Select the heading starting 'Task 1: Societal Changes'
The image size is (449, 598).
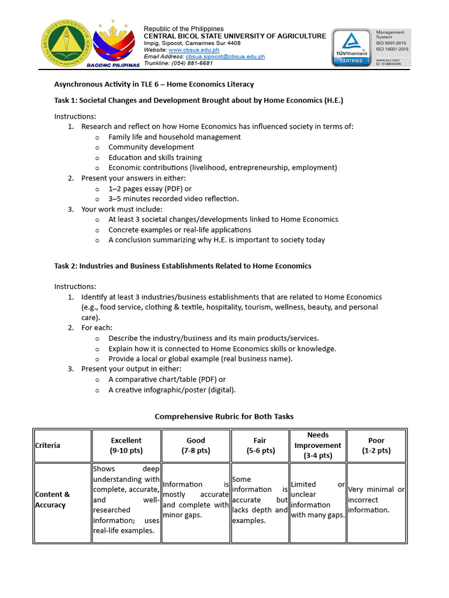click(x=199, y=100)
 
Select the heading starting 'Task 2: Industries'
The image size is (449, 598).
click(x=183, y=266)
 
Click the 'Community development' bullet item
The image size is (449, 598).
click(x=151, y=147)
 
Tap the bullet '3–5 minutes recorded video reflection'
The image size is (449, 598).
click(x=174, y=199)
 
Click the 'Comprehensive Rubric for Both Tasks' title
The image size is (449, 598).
click(x=224, y=416)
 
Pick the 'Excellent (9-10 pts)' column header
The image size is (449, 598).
click(x=126, y=445)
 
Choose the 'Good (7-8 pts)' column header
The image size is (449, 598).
click(x=196, y=445)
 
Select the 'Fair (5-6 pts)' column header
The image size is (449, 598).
click(x=260, y=445)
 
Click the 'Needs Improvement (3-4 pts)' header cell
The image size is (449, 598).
click(x=317, y=445)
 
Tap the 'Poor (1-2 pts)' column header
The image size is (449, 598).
click(x=376, y=445)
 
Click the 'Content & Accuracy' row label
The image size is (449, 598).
click(x=53, y=499)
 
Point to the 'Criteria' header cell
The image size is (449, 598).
click(x=47, y=445)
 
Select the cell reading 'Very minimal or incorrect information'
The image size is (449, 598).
click(x=376, y=499)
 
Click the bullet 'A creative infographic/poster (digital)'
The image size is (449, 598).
click(x=172, y=390)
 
